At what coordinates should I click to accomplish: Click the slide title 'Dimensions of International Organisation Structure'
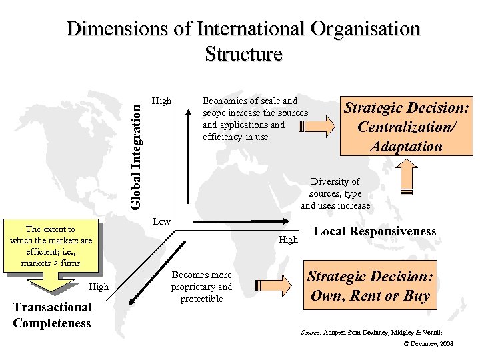click(x=244, y=41)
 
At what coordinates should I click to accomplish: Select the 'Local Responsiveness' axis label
click(x=375, y=232)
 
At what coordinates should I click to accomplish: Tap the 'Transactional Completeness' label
click(x=51, y=315)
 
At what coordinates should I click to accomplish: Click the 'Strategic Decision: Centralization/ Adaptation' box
click(x=407, y=127)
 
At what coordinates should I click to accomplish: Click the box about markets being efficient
click(x=51, y=246)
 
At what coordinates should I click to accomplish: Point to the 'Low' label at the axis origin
click(x=162, y=221)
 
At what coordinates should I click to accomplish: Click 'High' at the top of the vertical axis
click(x=161, y=101)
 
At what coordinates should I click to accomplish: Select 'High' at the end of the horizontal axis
click(x=288, y=239)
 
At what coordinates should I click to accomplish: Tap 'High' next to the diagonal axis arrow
click(x=98, y=287)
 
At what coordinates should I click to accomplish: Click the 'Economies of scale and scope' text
click(x=255, y=119)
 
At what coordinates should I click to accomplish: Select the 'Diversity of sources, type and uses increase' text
click(x=335, y=193)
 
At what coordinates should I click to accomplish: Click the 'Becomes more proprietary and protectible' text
click(x=201, y=287)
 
